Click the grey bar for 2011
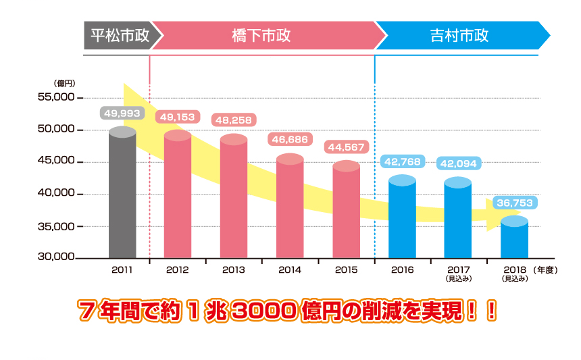122,196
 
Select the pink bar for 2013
234,199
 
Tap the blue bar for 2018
514,240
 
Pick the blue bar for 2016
402,220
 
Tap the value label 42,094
458,163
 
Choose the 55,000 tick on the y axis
56,97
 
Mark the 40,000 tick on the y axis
56,194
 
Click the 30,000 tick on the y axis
56,257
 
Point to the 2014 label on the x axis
290,269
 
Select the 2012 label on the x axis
178,269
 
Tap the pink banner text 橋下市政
261,36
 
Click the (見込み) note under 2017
458,278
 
